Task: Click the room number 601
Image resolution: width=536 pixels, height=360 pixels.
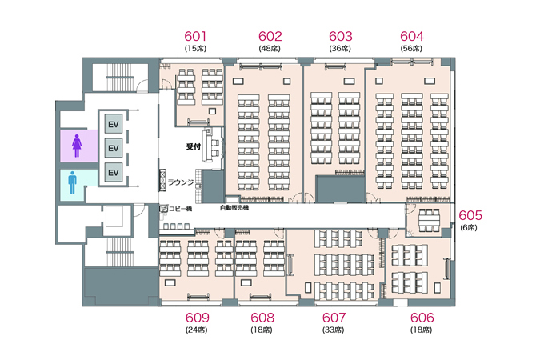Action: point(195,36)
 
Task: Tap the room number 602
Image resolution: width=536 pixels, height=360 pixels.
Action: point(270,36)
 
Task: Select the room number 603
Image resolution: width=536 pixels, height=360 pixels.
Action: point(341,36)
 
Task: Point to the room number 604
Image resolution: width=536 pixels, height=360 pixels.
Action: point(412,36)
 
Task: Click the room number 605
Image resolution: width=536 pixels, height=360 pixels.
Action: point(470,215)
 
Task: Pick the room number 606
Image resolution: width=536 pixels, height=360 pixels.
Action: point(422,318)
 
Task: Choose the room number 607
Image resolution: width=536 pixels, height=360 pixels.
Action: point(334,318)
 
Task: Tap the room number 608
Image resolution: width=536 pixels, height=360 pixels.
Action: point(262,318)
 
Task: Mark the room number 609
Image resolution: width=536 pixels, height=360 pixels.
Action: point(198,318)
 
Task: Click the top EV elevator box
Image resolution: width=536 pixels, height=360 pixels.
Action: point(113,124)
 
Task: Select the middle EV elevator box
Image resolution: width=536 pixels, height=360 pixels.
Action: point(113,148)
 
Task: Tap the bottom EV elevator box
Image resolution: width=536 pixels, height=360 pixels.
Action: point(113,172)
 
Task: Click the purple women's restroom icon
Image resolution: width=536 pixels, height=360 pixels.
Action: point(77,146)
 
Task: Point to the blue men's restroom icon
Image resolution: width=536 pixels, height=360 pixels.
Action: point(72,182)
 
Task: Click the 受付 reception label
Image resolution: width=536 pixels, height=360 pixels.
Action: point(193,146)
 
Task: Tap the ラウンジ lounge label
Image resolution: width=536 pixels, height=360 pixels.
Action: point(181,182)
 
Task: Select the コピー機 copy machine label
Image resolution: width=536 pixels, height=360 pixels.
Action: point(180,209)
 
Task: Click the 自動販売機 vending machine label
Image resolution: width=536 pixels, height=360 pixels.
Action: point(234,207)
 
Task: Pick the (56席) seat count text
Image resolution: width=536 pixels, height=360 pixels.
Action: point(411,49)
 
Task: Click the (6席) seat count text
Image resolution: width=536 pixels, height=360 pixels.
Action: point(469,227)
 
